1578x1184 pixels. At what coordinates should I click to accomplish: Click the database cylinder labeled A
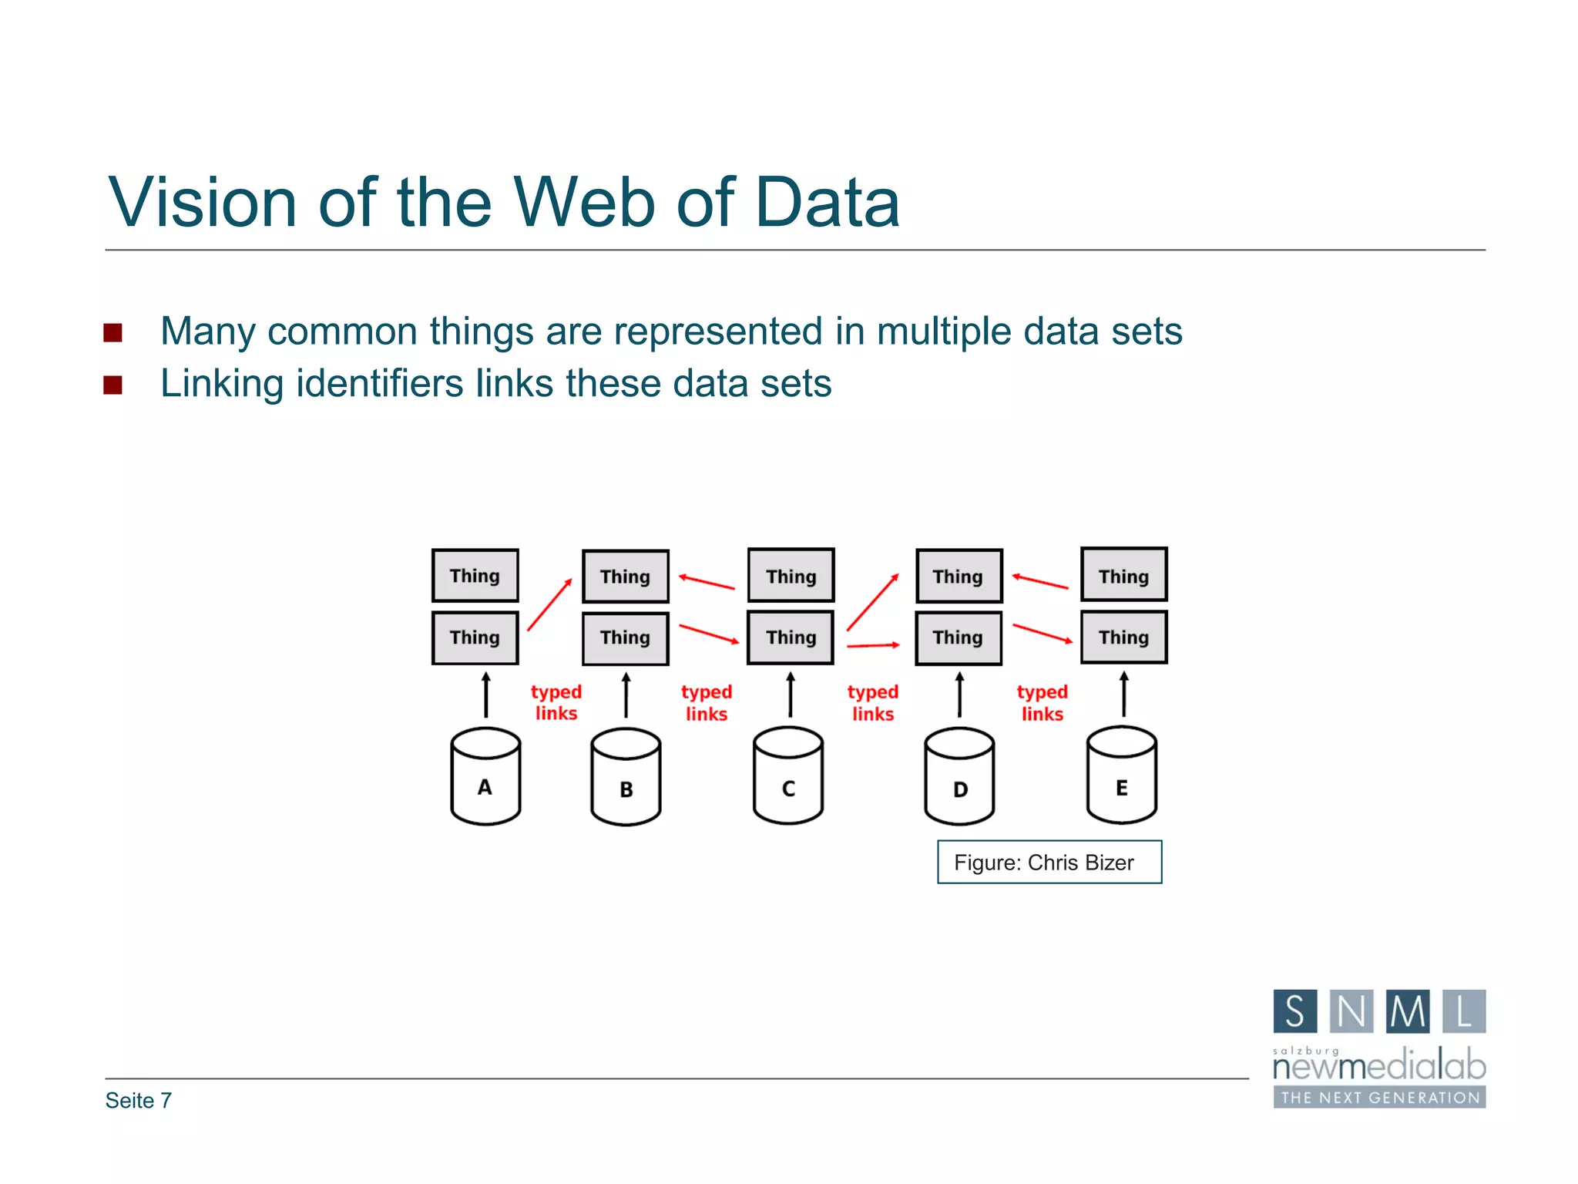pyautogui.click(x=485, y=777)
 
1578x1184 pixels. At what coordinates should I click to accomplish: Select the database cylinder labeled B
pyautogui.click(x=626, y=778)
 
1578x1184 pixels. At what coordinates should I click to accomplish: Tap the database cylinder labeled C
pyautogui.click(x=788, y=776)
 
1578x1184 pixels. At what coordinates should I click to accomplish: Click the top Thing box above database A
pyautogui.click(x=475, y=576)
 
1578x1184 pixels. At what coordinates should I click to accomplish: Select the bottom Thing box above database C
pyautogui.click(x=791, y=637)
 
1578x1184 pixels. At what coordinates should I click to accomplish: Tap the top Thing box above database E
pyautogui.click(x=1123, y=575)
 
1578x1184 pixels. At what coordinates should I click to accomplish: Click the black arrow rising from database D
pyautogui.click(x=959, y=695)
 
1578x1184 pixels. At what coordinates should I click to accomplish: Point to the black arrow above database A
pyautogui.click(x=485, y=695)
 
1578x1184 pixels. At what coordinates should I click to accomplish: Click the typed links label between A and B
pyautogui.click(x=556, y=702)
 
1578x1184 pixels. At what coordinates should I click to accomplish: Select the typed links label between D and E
pyautogui.click(x=1042, y=702)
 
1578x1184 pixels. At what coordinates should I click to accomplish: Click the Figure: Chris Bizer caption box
pyautogui.click(x=1049, y=862)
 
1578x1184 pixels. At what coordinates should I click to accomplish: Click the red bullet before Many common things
pyautogui.click(x=112, y=333)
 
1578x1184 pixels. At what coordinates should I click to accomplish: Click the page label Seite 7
pyautogui.click(x=139, y=1100)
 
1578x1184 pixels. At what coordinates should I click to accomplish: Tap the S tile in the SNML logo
pyautogui.click(x=1294, y=1011)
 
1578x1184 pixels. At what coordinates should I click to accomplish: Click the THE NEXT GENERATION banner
pyautogui.click(x=1379, y=1097)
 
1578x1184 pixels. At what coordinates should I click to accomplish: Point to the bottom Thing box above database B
pyautogui.click(x=625, y=638)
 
